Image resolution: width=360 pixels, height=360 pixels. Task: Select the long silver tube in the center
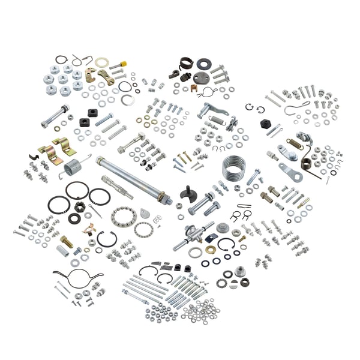133,177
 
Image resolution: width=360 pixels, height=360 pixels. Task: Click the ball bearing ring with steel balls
122,216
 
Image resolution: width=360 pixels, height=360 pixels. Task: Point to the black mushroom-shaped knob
191,194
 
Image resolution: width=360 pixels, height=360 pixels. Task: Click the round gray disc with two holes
200,78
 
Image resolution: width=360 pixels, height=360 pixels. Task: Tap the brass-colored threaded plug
67,242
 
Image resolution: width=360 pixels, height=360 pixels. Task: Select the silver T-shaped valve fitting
193,233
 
